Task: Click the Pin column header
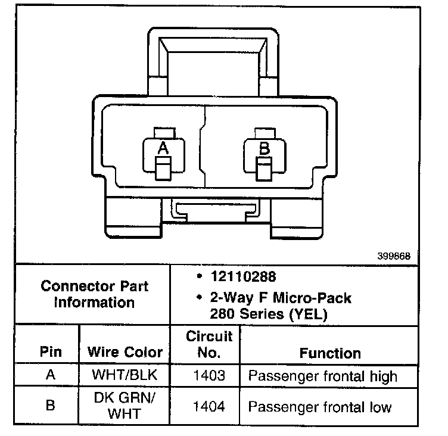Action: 51,352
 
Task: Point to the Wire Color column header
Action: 125,352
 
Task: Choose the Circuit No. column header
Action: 209,344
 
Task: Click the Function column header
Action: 329,353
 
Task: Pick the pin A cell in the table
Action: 51,376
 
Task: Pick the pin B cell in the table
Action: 51,406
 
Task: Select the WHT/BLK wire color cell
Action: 125,376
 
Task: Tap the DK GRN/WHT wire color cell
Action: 125,406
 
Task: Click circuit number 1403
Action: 209,376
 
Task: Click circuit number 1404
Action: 209,407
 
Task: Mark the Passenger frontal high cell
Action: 322,376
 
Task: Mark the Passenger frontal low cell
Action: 320,407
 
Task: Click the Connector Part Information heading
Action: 95,294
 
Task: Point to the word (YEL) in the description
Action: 308,314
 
